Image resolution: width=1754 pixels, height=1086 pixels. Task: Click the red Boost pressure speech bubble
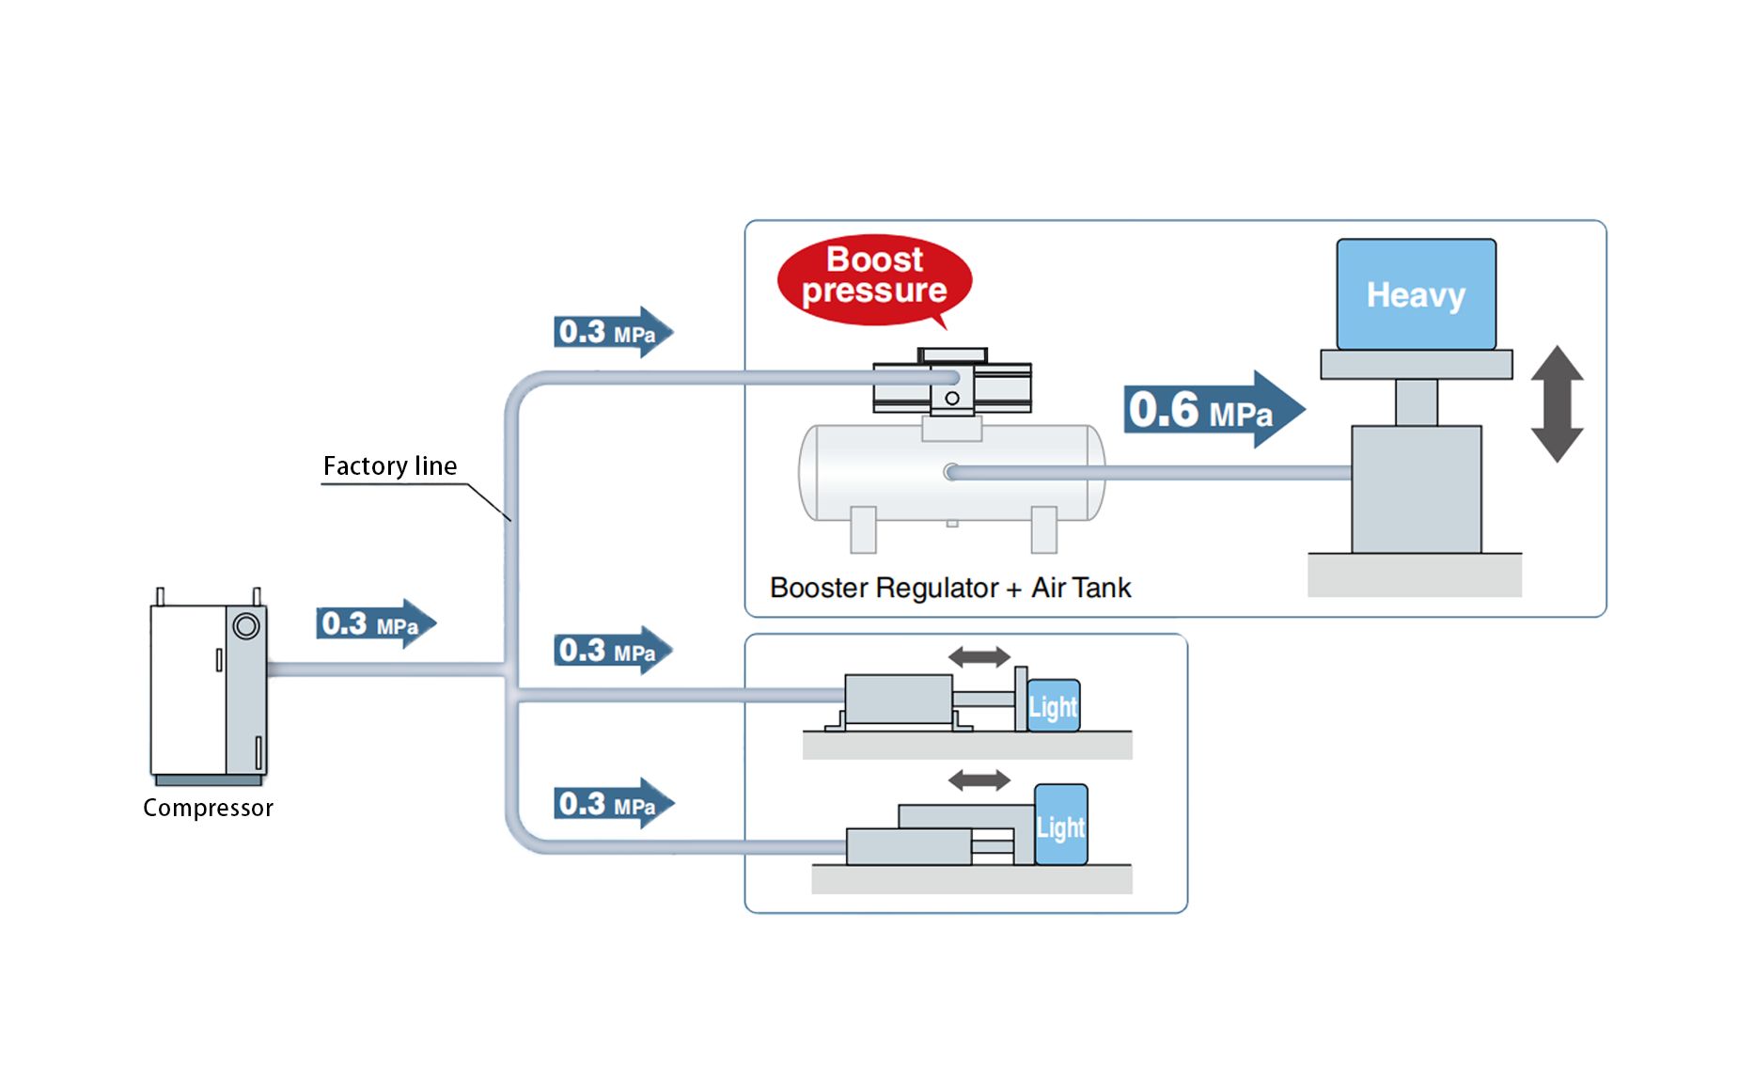coord(874,279)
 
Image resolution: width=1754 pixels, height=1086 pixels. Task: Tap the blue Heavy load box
coord(1416,294)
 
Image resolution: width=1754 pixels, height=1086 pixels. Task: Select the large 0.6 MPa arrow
coord(1213,410)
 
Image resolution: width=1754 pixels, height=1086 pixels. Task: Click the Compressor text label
coord(208,808)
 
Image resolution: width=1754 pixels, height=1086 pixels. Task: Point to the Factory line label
coord(390,466)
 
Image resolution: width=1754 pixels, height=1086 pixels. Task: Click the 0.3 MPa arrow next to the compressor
coord(375,623)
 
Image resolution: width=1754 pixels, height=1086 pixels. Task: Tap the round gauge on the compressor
coord(246,625)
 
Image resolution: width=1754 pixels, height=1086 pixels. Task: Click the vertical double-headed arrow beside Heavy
coord(1557,403)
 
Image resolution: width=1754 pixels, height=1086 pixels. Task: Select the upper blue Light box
coord(1053,706)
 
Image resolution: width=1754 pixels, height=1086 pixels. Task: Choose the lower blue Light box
coord(1060,826)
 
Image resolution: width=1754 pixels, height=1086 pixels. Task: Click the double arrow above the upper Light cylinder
coord(979,656)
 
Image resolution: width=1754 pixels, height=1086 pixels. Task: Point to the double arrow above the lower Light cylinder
coord(979,779)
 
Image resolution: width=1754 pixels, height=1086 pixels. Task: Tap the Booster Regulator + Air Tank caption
coord(949,588)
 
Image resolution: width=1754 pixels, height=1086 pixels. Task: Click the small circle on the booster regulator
coord(952,399)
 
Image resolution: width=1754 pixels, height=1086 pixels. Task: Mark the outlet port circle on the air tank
coord(951,472)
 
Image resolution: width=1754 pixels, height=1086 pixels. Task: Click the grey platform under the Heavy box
coord(1416,364)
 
